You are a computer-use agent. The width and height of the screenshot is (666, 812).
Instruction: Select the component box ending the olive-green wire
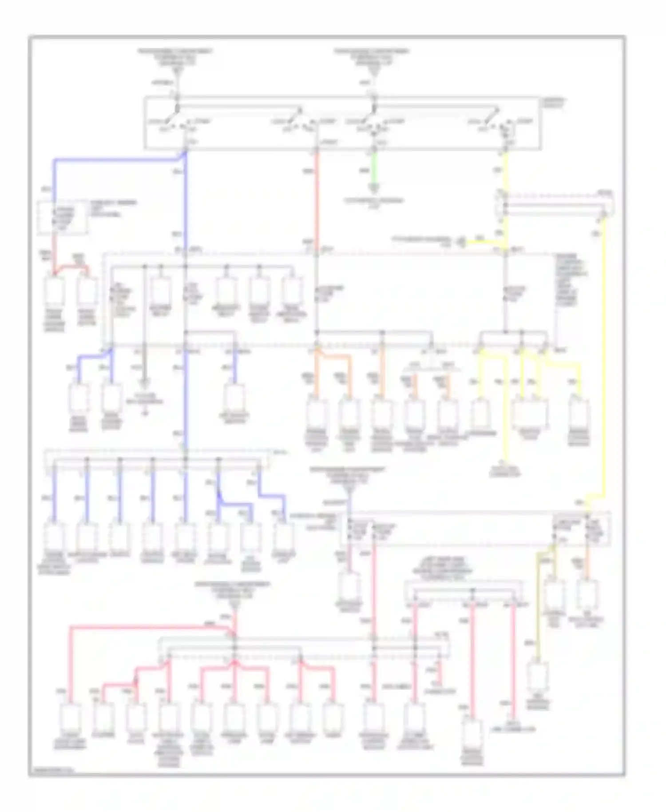[538, 677]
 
